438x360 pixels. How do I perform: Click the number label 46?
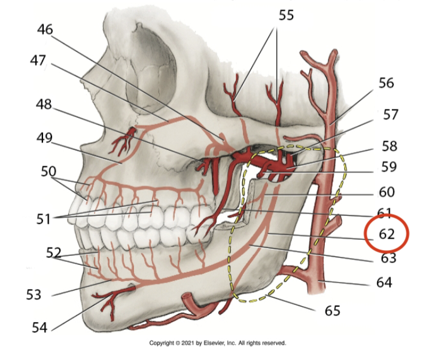(x=44, y=29)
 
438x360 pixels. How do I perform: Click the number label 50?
(x=48, y=172)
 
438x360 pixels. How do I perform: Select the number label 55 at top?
(x=286, y=16)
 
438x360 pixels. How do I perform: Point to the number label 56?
(x=386, y=83)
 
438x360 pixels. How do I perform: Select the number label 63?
(x=388, y=258)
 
